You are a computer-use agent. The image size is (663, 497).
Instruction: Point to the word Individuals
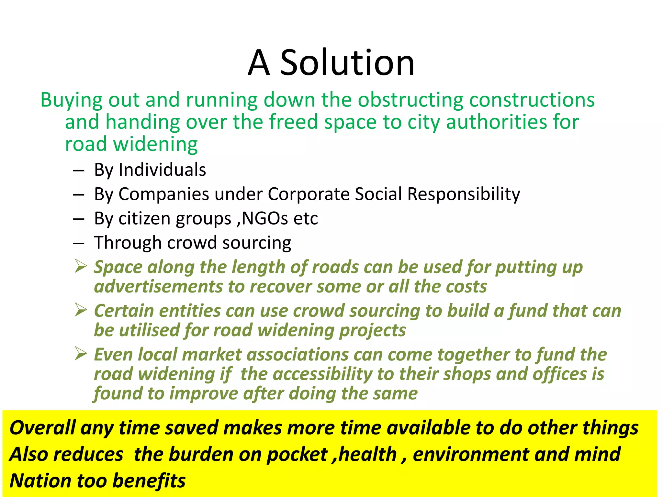162,170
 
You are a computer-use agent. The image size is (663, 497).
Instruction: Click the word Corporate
309,194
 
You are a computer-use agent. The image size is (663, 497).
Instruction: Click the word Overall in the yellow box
42,428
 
